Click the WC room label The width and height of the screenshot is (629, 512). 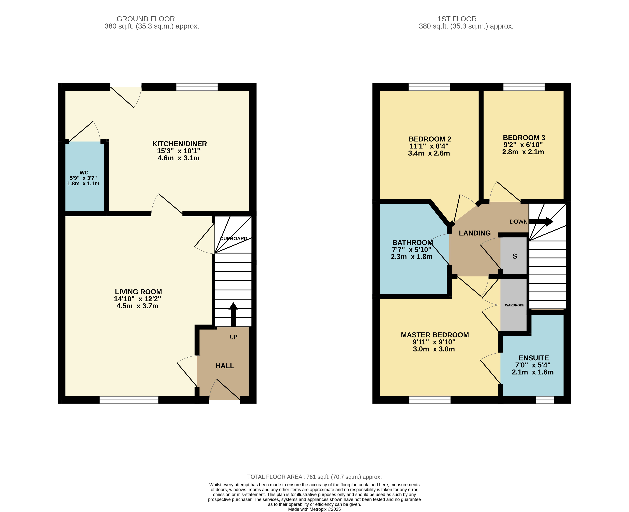[x=84, y=173]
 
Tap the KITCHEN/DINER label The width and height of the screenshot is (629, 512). [x=179, y=144]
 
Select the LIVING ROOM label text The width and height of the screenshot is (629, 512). [x=138, y=292]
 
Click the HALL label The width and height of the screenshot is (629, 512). [x=225, y=366]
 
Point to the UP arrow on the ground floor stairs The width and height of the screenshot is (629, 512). [x=233, y=314]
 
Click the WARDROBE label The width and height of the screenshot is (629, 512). [x=515, y=305]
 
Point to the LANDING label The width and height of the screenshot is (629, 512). [x=475, y=233]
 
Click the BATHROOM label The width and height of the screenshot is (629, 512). [x=412, y=242]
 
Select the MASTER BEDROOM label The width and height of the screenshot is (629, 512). [x=435, y=335]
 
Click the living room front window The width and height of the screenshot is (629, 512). [x=129, y=400]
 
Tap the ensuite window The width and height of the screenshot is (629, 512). [x=545, y=400]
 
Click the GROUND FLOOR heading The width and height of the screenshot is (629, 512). [x=146, y=19]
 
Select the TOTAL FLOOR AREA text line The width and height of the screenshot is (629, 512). [x=314, y=477]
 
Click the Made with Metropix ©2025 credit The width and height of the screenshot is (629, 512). [x=314, y=509]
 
